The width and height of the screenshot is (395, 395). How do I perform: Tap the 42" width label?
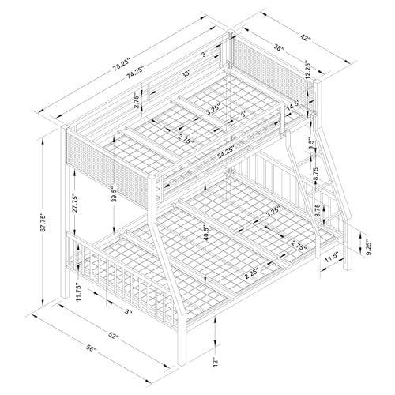click(x=305, y=37)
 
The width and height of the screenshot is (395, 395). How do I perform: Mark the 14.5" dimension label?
click(x=293, y=107)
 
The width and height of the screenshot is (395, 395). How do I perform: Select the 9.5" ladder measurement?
click(x=312, y=144)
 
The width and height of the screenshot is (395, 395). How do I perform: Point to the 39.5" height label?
click(x=115, y=194)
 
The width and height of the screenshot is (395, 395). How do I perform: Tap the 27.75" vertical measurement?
click(x=75, y=203)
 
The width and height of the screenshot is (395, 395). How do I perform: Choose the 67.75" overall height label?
click(x=43, y=222)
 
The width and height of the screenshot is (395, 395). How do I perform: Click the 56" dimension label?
click(x=91, y=348)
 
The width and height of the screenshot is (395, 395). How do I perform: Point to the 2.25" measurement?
click(x=251, y=273)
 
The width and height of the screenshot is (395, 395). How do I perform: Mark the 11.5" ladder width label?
click(x=332, y=258)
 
